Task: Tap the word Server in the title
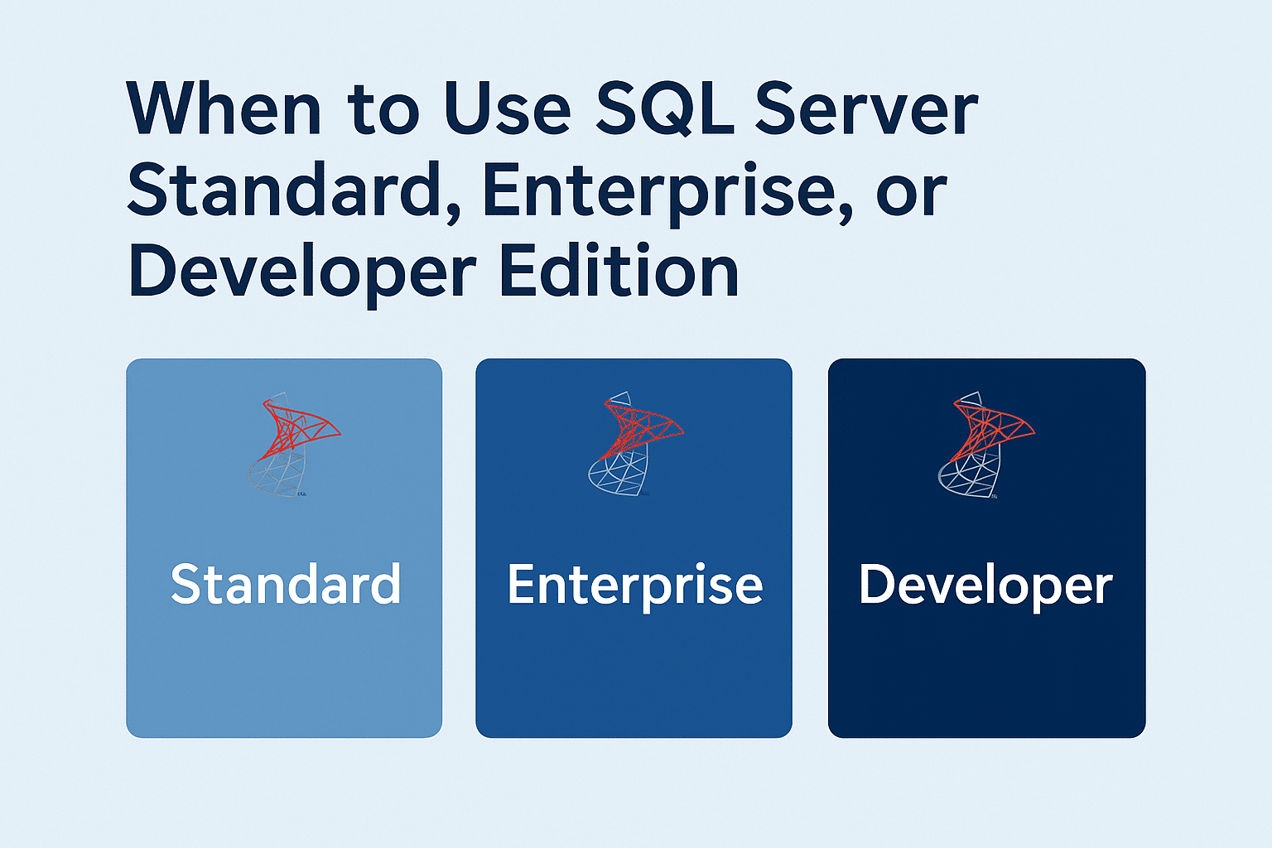coord(866,109)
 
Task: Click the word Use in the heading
coord(507,109)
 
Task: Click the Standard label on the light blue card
coord(286,584)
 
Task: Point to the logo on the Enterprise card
coord(634,445)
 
